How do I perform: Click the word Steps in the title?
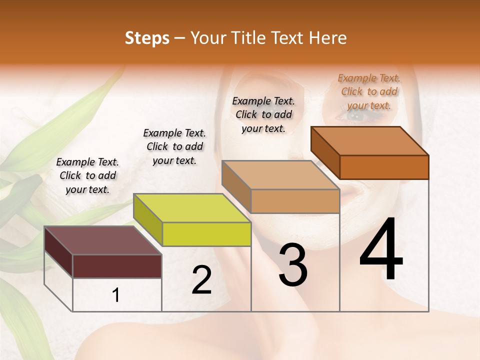146,38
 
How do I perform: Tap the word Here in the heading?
327,38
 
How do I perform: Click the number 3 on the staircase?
293,265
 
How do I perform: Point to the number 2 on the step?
201,280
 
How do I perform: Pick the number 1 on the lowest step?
116,295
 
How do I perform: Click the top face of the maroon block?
102,240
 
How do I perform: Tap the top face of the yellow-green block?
192,208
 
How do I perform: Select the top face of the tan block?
281,175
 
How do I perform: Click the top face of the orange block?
370,141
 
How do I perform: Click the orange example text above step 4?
369,91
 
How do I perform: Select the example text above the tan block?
263,114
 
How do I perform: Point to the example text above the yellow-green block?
174,146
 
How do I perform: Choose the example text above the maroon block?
87,175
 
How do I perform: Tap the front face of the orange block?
384,167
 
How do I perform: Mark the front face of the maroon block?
117,266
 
